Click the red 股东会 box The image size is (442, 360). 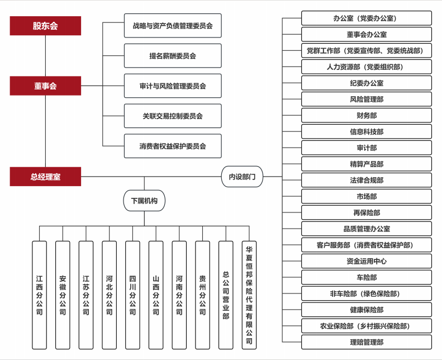pyautogui.click(x=45, y=26)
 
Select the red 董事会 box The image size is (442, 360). pyautogui.click(x=45, y=86)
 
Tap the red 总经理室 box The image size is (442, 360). pyautogui.click(x=45, y=177)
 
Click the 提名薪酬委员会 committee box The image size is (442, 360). pyautogui.click(x=173, y=56)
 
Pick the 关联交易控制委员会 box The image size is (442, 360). pyautogui.click(x=173, y=116)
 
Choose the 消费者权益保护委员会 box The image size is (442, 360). pyautogui.click(x=173, y=146)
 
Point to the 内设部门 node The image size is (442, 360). pyautogui.click(x=242, y=177)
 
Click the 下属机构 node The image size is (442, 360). pyautogui.click(x=144, y=201)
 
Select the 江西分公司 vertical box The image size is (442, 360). pyautogui.click(x=39, y=295)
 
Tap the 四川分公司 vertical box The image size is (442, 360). pyautogui.click(x=132, y=295)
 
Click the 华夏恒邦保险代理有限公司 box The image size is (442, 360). pyautogui.click(x=249, y=295)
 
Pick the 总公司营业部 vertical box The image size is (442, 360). pyautogui.click(x=226, y=295)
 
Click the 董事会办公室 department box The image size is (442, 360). pyautogui.click(x=367, y=35)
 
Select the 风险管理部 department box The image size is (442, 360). pyautogui.click(x=367, y=100)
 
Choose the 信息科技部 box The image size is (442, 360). pyautogui.click(x=367, y=132)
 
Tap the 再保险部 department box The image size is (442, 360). pyautogui.click(x=367, y=213)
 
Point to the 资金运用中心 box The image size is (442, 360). pyautogui.click(x=367, y=261)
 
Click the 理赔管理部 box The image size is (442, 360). pyautogui.click(x=367, y=342)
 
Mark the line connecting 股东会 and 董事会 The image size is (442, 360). pyautogui.click(x=45, y=56)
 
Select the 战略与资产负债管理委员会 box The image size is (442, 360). pyautogui.click(x=173, y=26)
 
